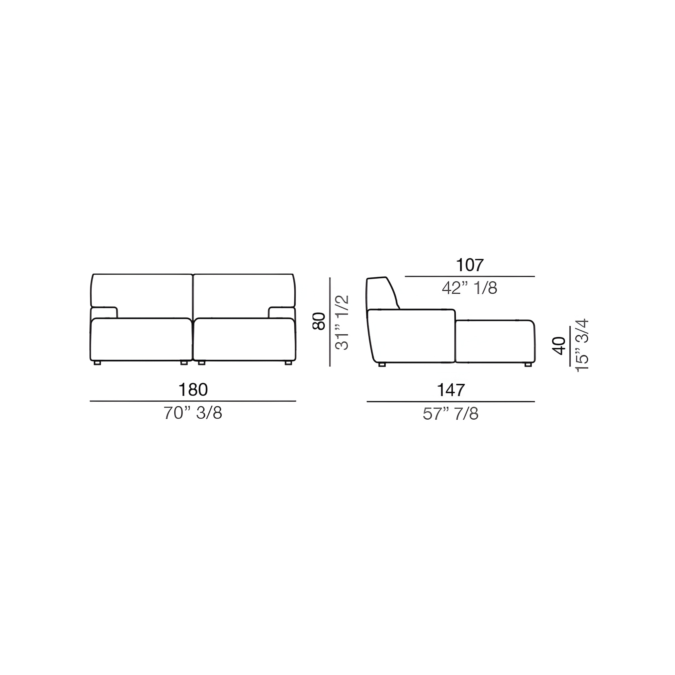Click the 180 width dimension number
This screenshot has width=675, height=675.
pos(193,390)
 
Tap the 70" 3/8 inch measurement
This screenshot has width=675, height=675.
pos(193,413)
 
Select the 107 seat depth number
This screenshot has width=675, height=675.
pos(470,265)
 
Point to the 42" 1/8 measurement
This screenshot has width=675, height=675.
pos(470,288)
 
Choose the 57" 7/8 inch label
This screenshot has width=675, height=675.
pos(451,414)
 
